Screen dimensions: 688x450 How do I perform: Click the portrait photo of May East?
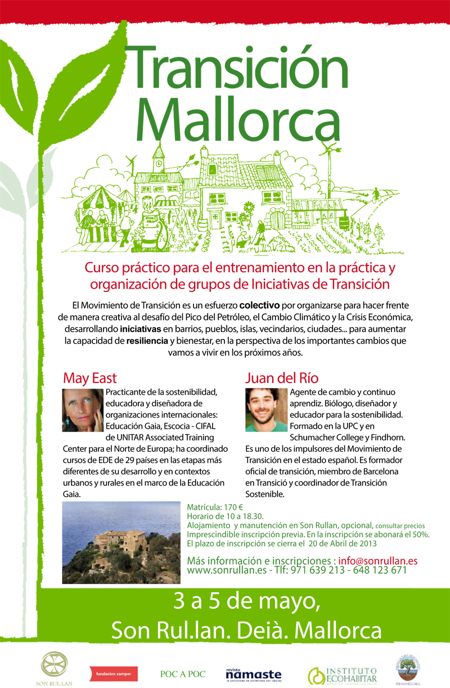(x=83, y=410)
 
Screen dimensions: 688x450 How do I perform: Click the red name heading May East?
(x=90, y=377)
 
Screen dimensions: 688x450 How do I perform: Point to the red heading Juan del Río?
(x=282, y=377)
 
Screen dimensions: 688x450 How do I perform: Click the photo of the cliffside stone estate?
(x=121, y=542)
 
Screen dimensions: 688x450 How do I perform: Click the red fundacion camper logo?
(x=114, y=673)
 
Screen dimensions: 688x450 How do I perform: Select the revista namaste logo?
(x=253, y=674)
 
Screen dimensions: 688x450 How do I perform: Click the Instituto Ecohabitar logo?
(x=342, y=674)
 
